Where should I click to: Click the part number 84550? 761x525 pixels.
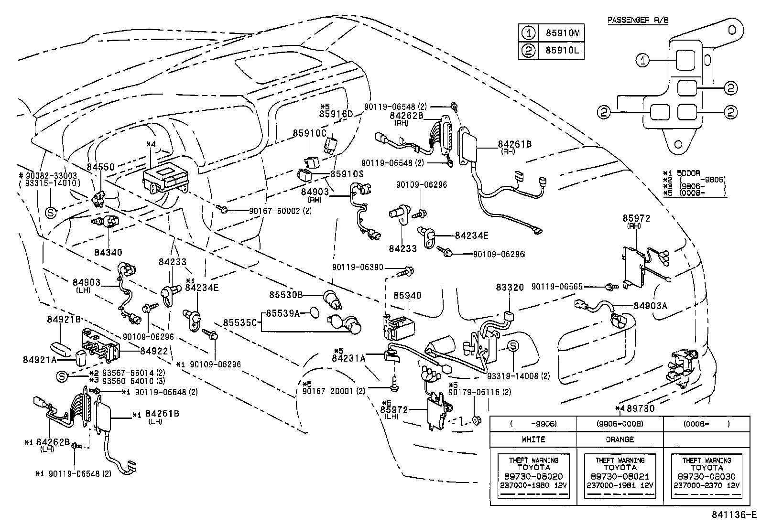point(100,167)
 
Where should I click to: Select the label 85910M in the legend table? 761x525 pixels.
point(562,33)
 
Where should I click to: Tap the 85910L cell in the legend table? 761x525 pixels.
point(562,51)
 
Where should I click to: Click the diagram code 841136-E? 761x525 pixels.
point(733,515)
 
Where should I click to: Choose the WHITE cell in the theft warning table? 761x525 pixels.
point(533,439)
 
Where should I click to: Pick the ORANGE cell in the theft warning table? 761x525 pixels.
point(620,439)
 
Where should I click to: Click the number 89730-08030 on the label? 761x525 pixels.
point(707,476)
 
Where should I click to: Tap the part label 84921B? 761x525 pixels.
point(64,319)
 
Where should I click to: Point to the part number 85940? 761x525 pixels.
point(407,296)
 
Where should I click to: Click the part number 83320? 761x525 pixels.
point(510,288)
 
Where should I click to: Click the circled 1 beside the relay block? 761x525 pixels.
point(643,60)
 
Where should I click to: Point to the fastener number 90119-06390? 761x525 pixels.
point(358,268)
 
